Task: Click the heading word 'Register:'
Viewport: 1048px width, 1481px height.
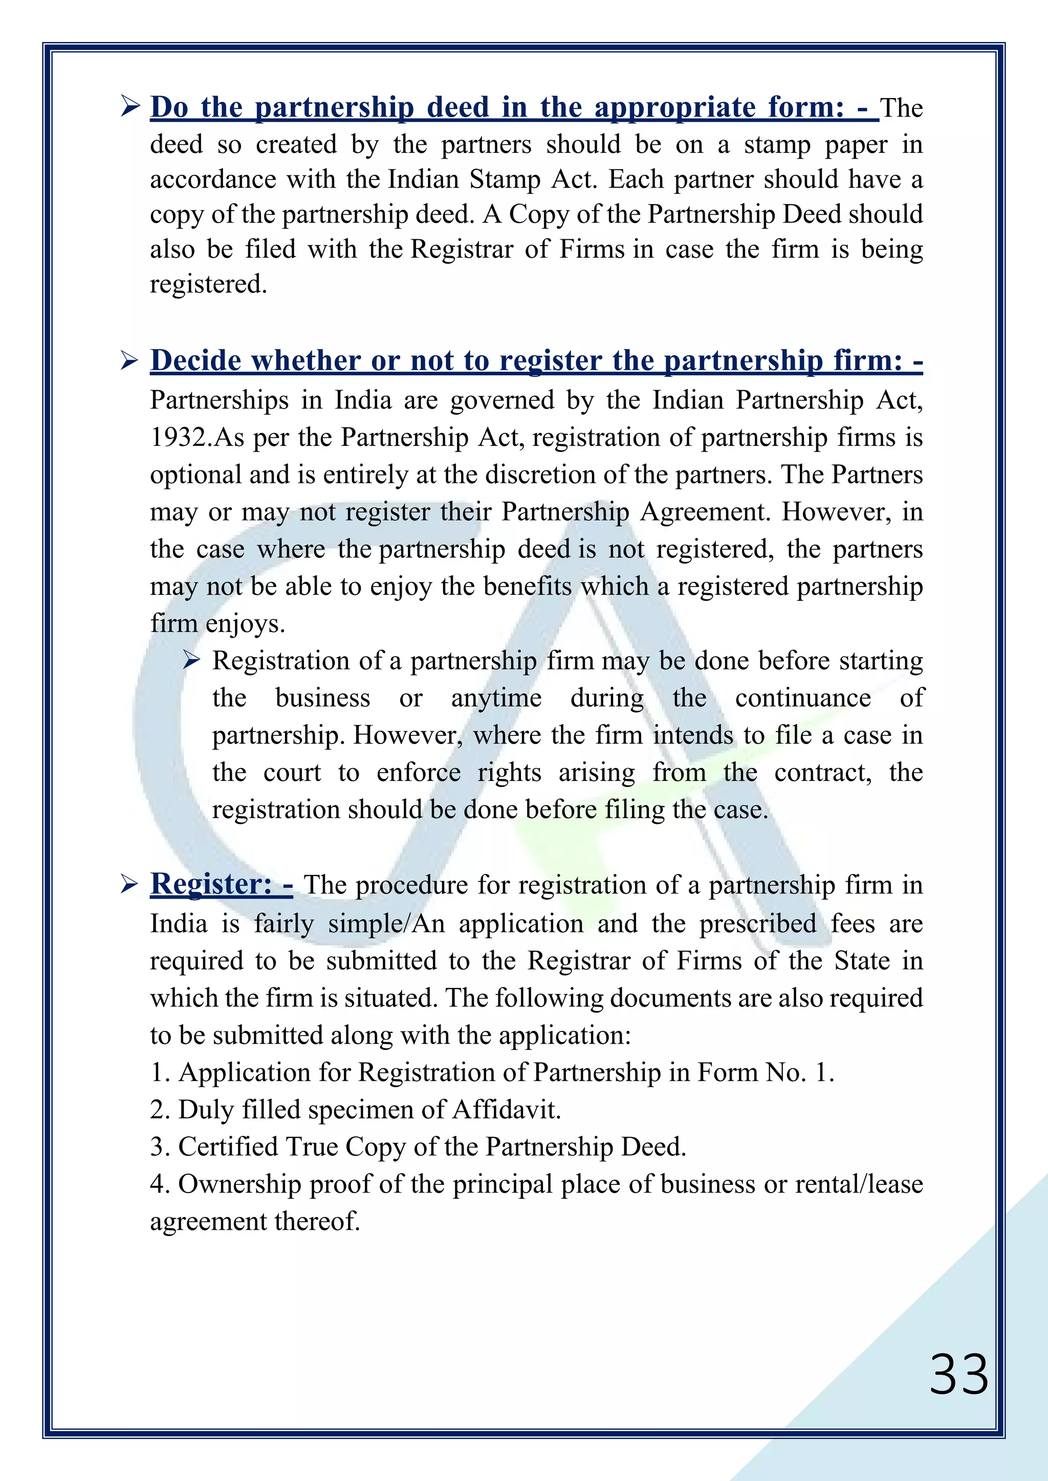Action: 211,883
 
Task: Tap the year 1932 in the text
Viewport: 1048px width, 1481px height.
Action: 177,437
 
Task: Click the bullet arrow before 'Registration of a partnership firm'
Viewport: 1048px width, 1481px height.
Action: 192,660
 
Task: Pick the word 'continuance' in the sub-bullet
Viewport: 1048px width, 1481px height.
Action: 802,698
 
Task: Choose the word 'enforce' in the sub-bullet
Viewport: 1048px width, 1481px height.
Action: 419,773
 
